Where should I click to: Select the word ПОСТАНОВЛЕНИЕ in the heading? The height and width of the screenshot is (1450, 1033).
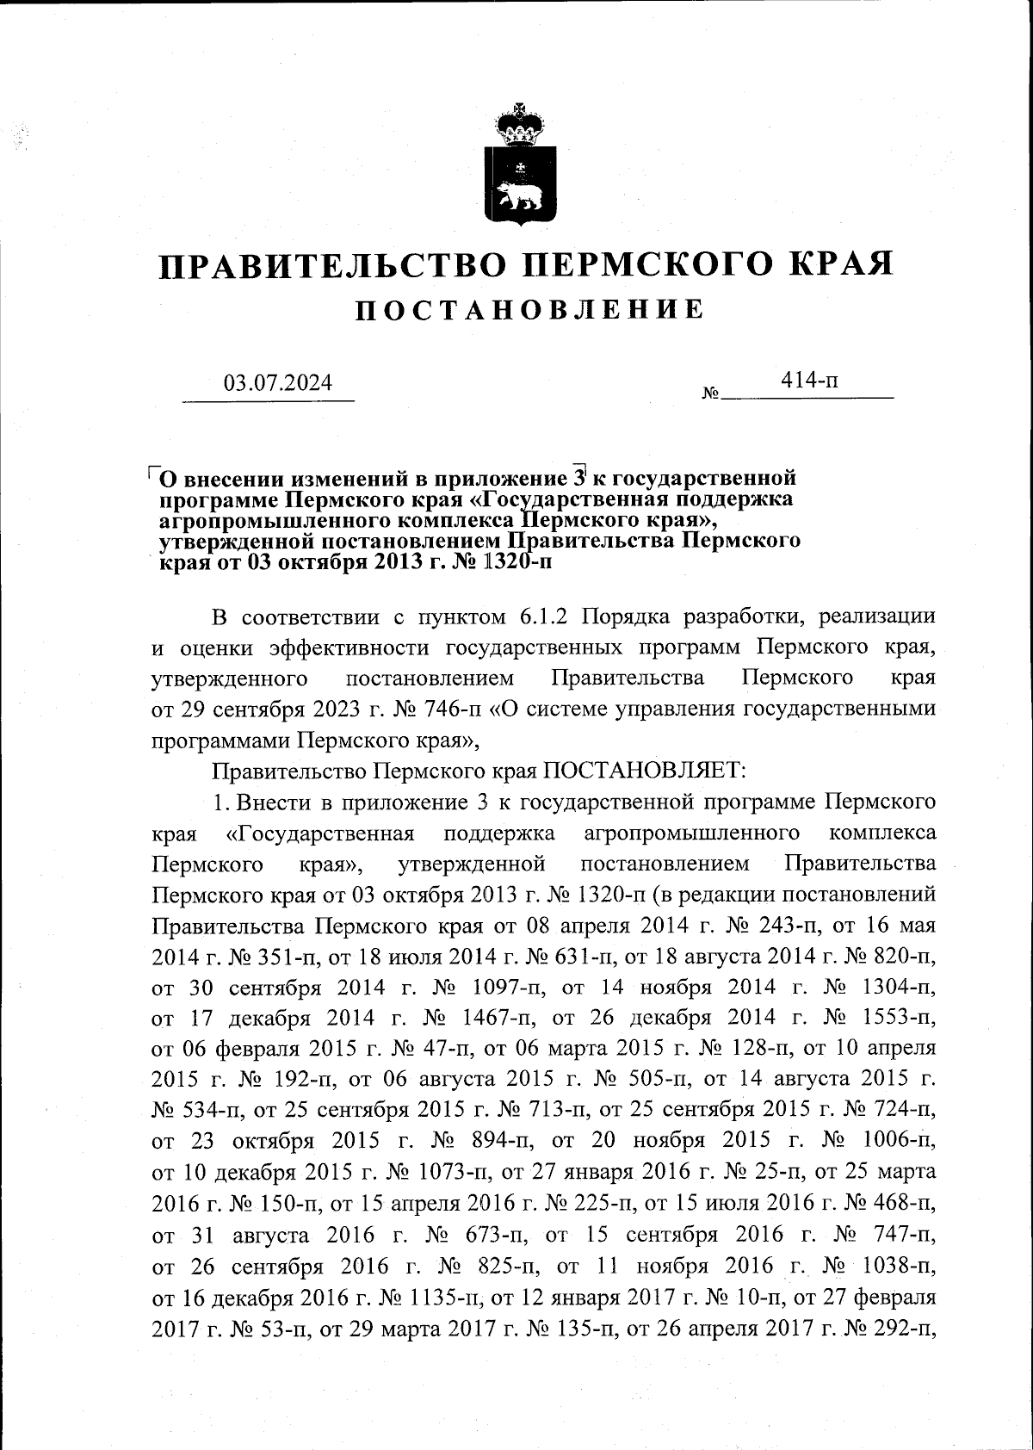(530, 310)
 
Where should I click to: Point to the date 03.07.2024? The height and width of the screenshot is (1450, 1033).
(277, 383)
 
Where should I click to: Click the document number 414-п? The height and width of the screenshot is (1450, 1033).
(806, 380)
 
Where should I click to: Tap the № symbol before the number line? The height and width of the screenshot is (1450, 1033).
(711, 395)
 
